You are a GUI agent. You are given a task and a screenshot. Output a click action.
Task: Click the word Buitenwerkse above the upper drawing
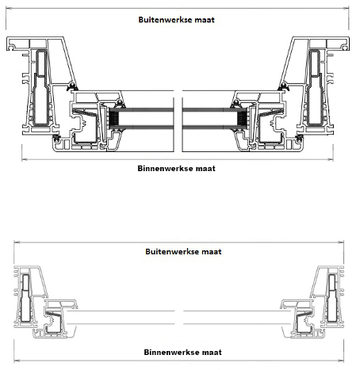(163, 20)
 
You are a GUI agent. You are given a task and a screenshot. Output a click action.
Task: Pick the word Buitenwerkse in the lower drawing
(170, 251)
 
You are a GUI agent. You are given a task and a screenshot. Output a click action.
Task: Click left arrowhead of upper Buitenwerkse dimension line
(9, 8)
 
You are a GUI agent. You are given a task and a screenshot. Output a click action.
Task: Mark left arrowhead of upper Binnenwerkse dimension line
(25, 159)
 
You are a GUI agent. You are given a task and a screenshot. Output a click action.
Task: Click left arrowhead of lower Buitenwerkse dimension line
(17, 242)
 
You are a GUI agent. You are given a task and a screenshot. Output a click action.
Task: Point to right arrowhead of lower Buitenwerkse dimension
(341, 242)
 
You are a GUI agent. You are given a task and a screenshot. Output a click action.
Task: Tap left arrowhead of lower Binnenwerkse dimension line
(17, 360)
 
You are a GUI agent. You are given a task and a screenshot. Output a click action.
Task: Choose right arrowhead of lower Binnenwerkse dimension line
(341, 360)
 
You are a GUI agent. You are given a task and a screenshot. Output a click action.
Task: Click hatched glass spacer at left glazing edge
(113, 119)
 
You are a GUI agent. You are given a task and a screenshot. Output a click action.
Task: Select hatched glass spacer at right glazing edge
(242, 119)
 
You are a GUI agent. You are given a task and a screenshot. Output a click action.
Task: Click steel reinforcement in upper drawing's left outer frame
(40, 87)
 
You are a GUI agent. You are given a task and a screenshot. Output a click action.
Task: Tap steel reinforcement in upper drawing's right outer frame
(316, 87)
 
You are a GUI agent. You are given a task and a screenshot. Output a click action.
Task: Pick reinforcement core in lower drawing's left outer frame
(25, 298)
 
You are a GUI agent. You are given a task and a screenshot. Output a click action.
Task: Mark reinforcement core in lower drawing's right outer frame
(331, 298)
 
